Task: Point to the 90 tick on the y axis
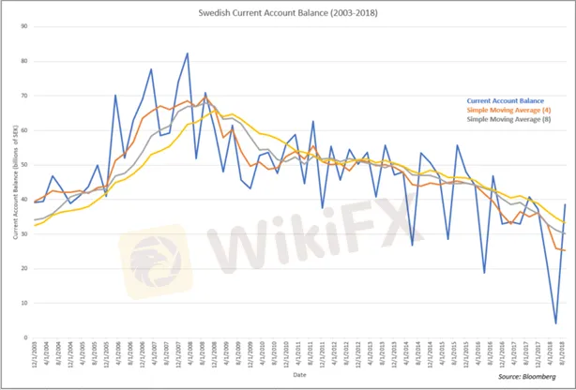tap(25, 26)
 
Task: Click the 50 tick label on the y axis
tap(25, 165)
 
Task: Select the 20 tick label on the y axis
tap(25, 269)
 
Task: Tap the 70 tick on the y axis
tap(25, 96)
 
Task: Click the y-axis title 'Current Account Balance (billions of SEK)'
tap(14, 183)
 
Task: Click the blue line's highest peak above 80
tap(188, 53)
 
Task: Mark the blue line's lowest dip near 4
tap(556, 323)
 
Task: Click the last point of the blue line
tap(565, 204)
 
